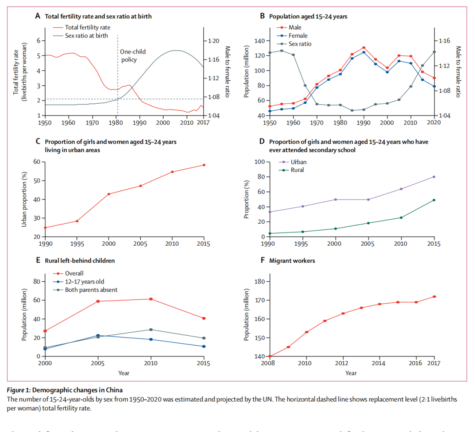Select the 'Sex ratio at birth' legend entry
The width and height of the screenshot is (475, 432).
(86, 36)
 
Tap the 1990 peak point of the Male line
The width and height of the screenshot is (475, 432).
(364, 47)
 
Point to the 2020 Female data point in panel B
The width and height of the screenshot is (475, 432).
(434, 86)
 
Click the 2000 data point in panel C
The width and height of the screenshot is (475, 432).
(109, 194)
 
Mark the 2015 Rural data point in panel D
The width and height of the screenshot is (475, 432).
(434, 200)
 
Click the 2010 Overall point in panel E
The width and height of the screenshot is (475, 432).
(151, 299)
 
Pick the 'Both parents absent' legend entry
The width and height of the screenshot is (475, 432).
(91, 290)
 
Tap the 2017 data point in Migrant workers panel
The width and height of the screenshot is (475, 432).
(434, 297)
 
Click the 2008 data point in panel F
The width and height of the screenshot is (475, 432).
(270, 356)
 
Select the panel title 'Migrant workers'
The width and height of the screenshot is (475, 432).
(292, 261)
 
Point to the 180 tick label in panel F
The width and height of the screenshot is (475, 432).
(259, 282)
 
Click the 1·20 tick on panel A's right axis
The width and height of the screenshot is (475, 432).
(213, 41)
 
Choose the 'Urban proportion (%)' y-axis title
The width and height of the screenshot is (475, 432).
(24, 199)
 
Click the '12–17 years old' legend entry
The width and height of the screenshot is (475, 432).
(85, 281)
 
